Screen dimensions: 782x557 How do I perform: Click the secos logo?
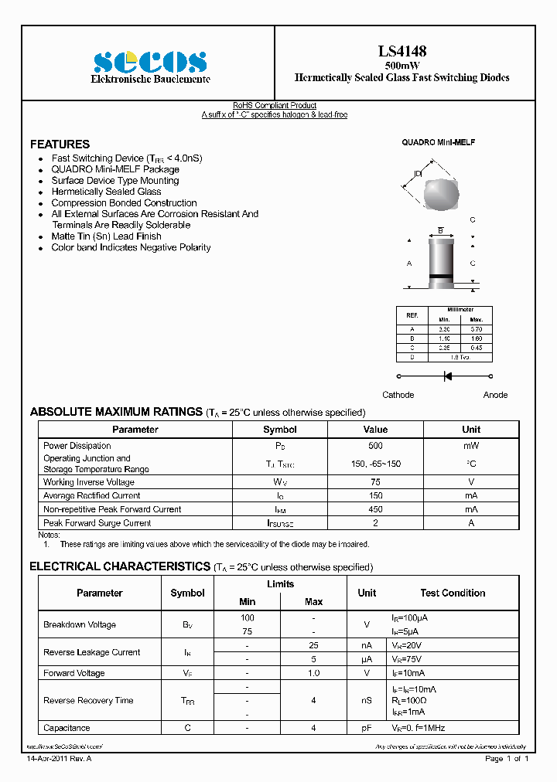coord(150,62)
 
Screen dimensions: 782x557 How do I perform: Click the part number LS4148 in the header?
coord(402,52)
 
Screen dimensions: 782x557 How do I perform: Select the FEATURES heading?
coord(60,144)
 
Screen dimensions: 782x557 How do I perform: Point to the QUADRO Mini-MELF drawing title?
coord(438,143)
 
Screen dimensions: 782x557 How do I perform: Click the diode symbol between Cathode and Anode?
coord(446,376)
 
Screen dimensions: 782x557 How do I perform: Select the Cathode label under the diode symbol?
coord(398,395)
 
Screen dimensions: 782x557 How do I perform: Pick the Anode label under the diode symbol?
coord(495,395)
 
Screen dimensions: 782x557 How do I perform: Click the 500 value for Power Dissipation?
coord(375,446)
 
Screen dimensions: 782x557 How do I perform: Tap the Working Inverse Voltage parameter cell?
coord(89,482)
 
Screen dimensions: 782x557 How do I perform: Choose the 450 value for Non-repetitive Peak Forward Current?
coord(375,510)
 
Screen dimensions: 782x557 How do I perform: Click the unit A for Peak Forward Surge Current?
coord(471,523)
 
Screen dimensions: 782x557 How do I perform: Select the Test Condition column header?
coord(453,593)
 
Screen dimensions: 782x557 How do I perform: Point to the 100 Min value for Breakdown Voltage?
coord(248,618)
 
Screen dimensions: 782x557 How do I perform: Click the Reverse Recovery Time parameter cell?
coord(88,701)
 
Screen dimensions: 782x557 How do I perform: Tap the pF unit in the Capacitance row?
coord(367,728)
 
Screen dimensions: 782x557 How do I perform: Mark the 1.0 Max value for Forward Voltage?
coord(314,673)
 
